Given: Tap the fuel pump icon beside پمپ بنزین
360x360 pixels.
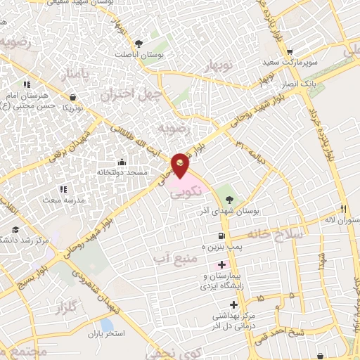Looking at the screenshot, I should (x=222, y=236).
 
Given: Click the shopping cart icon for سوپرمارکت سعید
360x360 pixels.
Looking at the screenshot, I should (x=289, y=51).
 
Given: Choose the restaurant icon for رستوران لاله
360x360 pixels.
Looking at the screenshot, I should (x=344, y=209).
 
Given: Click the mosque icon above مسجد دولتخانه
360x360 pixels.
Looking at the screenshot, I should (x=122, y=161).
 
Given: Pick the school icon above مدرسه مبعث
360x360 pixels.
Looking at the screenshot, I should (x=63, y=188).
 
